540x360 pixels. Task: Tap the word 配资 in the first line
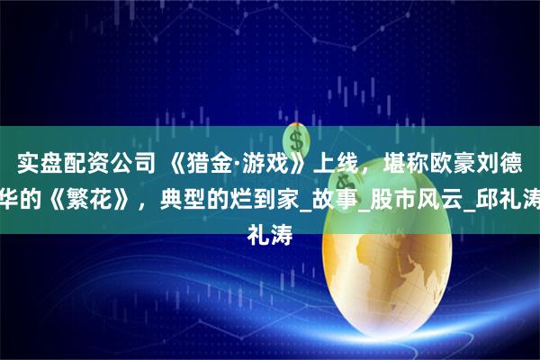coord(78,164)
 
